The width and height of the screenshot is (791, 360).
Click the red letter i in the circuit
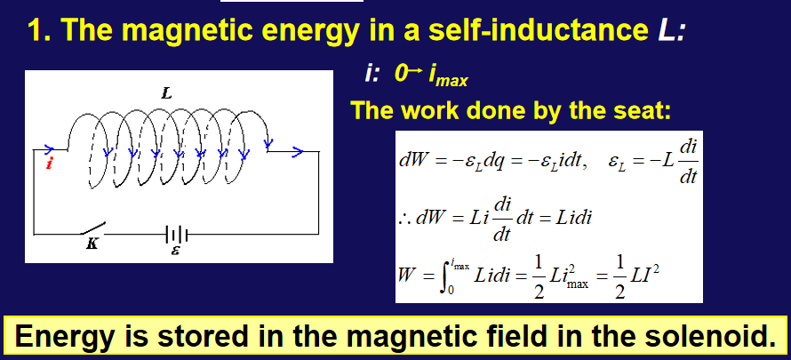(x=49, y=163)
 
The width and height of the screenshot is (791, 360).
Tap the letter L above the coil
(x=166, y=92)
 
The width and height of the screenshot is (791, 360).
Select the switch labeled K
(x=93, y=228)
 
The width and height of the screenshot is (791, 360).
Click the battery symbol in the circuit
(x=177, y=235)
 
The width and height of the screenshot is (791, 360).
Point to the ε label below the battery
(x=175, y=250)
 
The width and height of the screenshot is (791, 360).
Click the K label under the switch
(x=92, y=244)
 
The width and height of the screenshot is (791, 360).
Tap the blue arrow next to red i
(x=49, y=149)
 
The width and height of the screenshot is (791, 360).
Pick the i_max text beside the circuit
(x=448, y=76)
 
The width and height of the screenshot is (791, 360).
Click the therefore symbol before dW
(x=405, y=220)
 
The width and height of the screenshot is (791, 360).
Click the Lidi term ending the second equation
(x=572, y=219)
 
